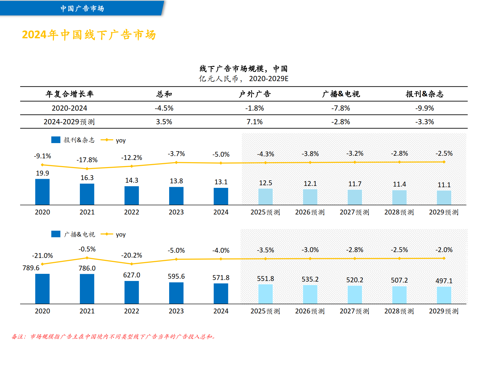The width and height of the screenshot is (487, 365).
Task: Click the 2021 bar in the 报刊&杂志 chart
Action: tap(87, 194)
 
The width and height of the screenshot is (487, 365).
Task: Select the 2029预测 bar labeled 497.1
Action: tap(444, 295)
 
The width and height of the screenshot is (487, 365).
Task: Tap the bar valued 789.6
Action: tap(43, 288)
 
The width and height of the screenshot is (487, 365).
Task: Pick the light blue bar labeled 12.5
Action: tap(265, 196)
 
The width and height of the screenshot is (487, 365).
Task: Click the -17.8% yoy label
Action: tap(87, 160)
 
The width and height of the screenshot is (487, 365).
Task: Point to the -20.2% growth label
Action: tap(131, 255)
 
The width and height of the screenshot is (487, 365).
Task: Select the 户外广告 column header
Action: tap(255, 94)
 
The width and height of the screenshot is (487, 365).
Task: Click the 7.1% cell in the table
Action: tap(255, 122)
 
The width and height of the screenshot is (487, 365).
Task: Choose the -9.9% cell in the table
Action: tap(424, 108)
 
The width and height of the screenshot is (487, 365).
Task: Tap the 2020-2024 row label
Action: tap(69, 108)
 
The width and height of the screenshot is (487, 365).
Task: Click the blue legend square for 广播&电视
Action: tap(56, 234)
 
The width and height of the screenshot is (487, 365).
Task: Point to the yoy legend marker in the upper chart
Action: tap(107, 140)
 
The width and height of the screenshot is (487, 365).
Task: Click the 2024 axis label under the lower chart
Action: tap(221, 311)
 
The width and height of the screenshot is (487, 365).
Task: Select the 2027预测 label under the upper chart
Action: tap(355, 212)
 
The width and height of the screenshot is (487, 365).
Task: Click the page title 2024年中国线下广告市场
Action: tap(89, 35)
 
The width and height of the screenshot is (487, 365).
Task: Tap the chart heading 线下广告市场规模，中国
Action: tap(243, 69)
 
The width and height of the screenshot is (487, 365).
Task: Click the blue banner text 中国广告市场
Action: tap(82, 8)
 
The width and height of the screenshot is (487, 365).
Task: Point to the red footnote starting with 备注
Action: tap(114, 337)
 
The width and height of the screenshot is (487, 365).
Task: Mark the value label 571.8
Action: tap(221, 278)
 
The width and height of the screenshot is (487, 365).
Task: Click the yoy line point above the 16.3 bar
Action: tap(87, 169)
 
